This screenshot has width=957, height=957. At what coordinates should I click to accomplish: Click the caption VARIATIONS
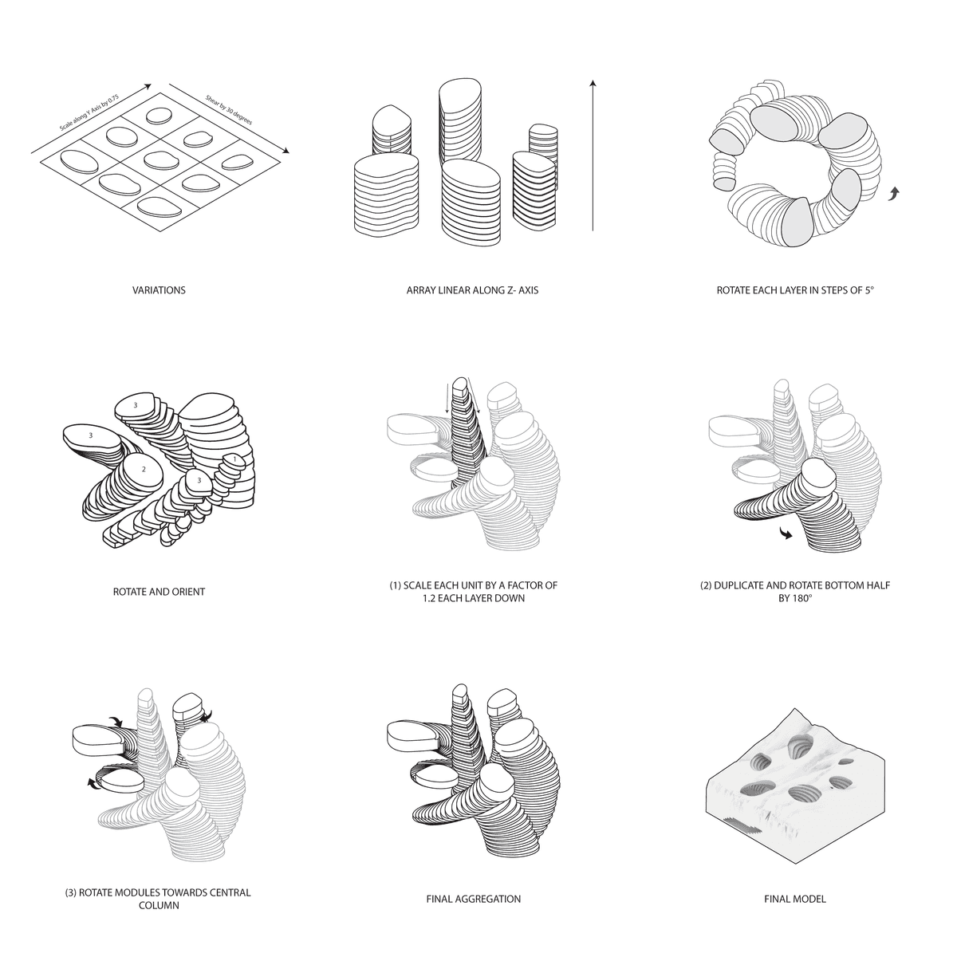click(x=159, y=290)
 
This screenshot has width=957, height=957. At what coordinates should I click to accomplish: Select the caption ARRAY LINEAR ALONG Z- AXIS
click(x=472, y=290)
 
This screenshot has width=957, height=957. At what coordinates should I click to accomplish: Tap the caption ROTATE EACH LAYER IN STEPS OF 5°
click(x=794, y=290)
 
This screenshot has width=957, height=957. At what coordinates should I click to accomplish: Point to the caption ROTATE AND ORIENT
click(x=159, y=592)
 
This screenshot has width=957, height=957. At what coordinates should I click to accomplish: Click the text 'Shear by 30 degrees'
click(x=229, y=110)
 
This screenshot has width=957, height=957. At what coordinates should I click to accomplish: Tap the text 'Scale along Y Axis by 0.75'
click(x=89, y=112)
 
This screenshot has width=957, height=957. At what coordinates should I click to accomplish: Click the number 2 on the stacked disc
click(x=144, y=469)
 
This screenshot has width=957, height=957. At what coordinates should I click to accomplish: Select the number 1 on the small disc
click(x=235, y=459)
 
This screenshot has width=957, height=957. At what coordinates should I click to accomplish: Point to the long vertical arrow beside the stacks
click(x=593, y=155)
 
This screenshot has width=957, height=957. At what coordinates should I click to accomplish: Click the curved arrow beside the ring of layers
click(x=894, y=194)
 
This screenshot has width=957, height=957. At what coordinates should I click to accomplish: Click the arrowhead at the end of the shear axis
click(x=286, y=151)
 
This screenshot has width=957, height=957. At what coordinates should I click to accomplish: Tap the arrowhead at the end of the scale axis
click(x=147, y=86)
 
